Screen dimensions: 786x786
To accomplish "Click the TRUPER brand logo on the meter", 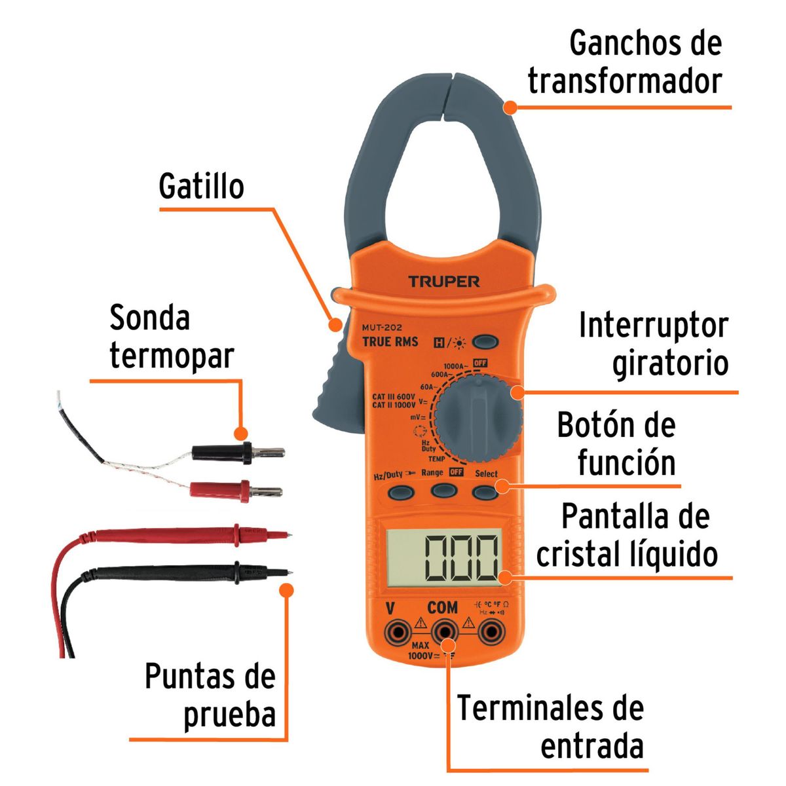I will coord(444,282).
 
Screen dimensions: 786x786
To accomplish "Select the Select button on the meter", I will coord(485,491).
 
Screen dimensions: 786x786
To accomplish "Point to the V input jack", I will coord(396,632).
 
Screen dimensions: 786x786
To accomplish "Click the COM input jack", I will coord(443,632).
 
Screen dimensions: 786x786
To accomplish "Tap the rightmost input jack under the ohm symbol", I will coord(491,632).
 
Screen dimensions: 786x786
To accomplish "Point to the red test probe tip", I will coord(286,534).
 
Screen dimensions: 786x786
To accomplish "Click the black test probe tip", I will coord(286,572).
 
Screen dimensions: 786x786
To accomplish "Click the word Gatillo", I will coord(201,186).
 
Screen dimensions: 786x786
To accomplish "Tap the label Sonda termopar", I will coord(172,337).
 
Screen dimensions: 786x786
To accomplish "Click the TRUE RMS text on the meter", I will coord(390,341).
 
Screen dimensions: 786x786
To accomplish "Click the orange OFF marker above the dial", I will coord(480,363).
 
